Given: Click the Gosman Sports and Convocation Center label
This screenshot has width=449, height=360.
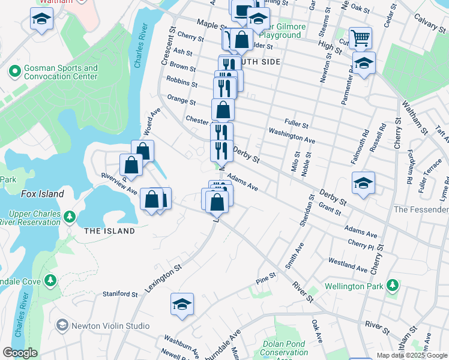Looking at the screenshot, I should pyautogui.click(x=60, y=73).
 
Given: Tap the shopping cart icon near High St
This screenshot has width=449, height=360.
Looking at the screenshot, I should pyautogui.click(x=360, y=38).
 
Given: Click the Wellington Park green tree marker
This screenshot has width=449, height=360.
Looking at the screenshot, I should pyautogui.click(x=393, y=284).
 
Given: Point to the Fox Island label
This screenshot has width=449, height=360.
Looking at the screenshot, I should pyautogui.click(x=42, y=194).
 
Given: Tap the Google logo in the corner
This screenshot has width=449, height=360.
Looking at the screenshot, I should pyautogui.click(x=20, y=353).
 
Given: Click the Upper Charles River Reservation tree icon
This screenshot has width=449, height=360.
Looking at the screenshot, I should pyautogui.click(x=70, y=215).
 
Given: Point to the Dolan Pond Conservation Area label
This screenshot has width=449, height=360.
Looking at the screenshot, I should pyautogui.click(x=285, y=348).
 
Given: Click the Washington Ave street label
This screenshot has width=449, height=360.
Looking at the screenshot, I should pyautogui.click(x=292, y=136).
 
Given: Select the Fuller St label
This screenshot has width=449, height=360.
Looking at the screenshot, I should pyautogui.click(x=296, y=125).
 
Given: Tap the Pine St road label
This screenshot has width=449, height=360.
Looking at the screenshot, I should pyautogui.click(x=265, y=278).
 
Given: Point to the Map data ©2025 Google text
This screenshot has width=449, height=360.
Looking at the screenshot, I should pyautogui.click(x=411, y=355).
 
